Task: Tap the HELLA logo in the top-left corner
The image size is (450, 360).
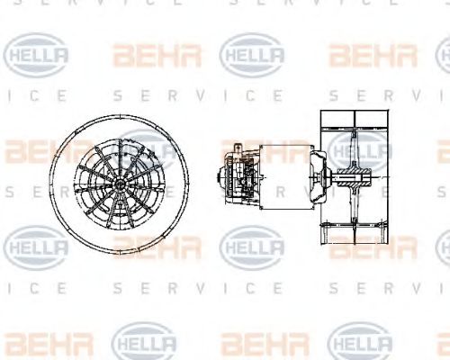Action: pos(37,55)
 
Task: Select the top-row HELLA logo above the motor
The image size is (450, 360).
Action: pos(252,55)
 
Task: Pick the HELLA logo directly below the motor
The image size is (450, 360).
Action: pos(252,245)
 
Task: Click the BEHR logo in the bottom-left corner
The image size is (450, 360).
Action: pos(36,341)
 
